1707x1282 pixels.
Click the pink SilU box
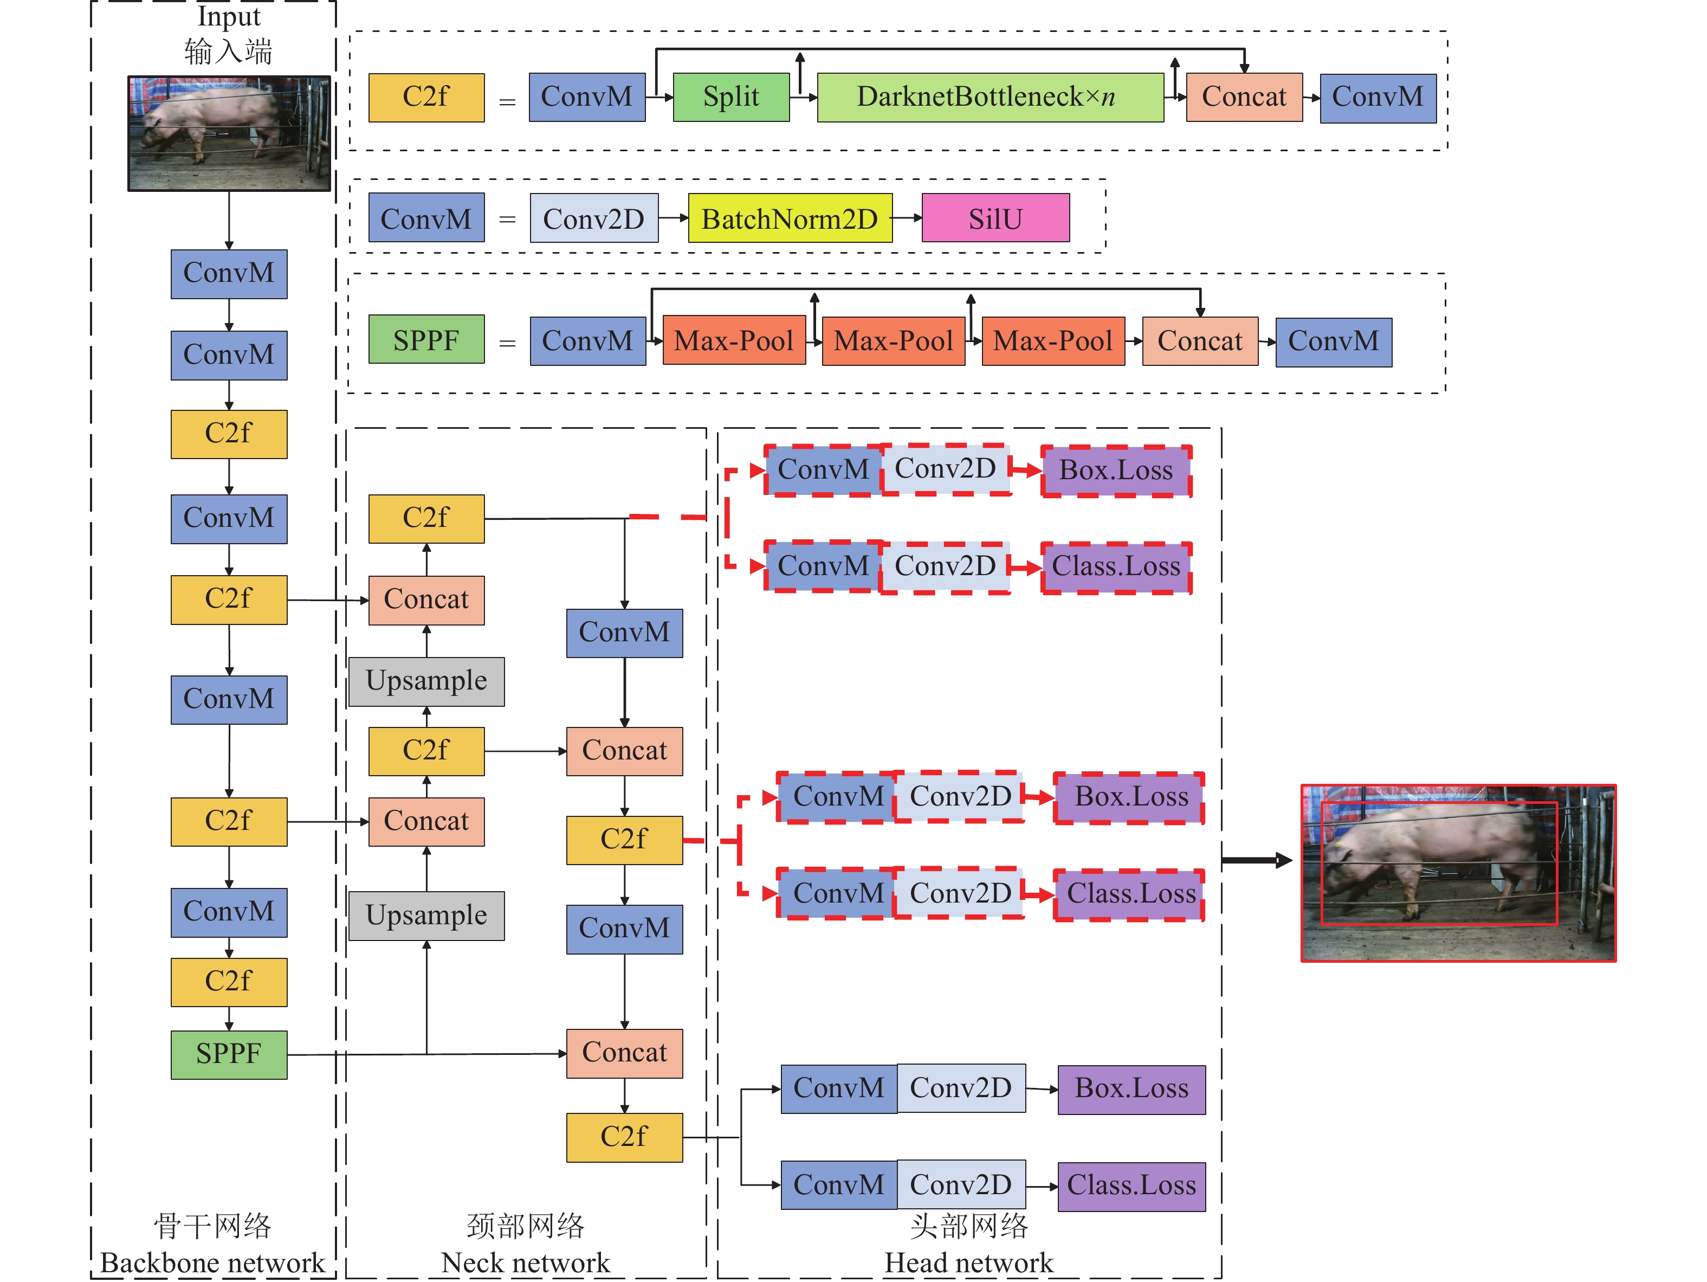(x=995, y=218)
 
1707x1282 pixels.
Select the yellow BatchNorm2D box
(x=790, y=218)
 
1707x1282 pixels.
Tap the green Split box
(x=731, y=97)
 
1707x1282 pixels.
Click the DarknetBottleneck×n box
(x=990, y=97)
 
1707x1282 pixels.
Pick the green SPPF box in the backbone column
(x=229, y=1054)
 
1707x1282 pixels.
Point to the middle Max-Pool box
(x=893, y=340)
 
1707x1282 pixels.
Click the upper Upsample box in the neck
(x=426, y=681)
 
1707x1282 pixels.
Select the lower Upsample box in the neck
(x=426, y=916)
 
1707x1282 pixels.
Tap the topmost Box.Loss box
(x=1116, y=470)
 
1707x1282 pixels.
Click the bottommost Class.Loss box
(x=1131, y=1186)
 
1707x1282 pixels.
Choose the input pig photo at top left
(x=229, y=133)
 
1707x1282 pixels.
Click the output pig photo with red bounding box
(x=1458, y=873)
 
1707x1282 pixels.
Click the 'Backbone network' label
(x=212, y=1262)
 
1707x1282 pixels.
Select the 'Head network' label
(x=968, y=1262)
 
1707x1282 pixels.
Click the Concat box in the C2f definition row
(x=1244, y=97)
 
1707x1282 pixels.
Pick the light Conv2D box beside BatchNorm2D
(x=593, y=218)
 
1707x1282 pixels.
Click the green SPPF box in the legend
(x=426, y=339)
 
